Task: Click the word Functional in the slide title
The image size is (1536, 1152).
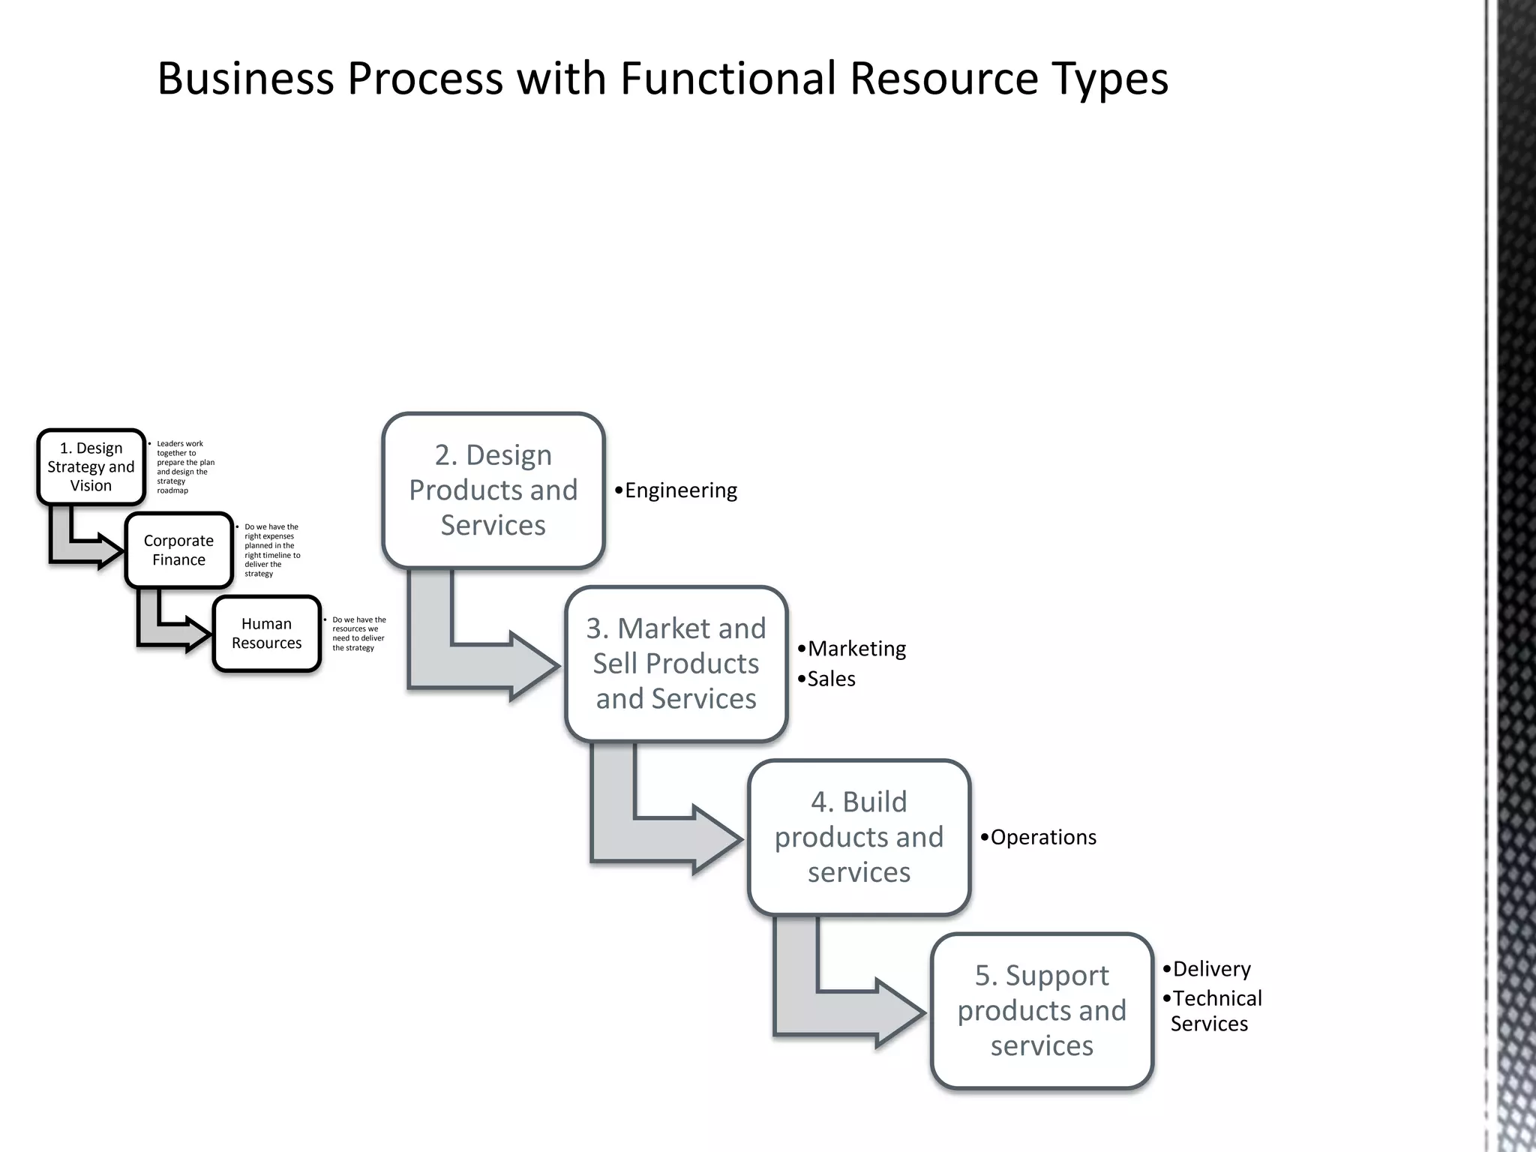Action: click(727, 78)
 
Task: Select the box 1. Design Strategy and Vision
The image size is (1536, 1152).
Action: click(91, 466)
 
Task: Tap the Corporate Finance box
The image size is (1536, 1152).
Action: click(178, 550)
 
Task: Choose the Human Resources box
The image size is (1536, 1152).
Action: click(266, 633)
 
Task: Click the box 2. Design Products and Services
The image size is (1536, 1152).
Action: click(493, 490)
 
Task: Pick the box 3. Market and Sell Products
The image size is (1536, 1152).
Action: click(676, 664)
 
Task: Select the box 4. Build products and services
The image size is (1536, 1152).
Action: click(859, 837)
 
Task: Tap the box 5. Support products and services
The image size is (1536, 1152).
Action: click(1042, 1010)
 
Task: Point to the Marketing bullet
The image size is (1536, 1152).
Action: click(856, 648)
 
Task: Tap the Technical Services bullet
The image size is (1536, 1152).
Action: click(1215, 1010)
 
